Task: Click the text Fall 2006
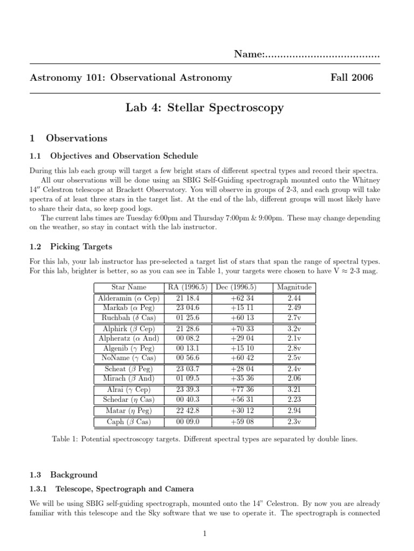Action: pos(351,77)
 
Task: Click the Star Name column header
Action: pos(129,287)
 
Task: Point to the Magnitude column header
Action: pos(294,287)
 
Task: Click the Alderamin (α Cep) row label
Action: pos(129,298)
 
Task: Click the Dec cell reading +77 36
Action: pos(241,390)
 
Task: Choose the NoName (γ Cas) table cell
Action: pos(129,358)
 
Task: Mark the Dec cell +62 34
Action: pos(241,298)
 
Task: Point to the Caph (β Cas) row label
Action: pos(129,422)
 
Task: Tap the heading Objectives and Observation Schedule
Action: pos(124,156)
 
